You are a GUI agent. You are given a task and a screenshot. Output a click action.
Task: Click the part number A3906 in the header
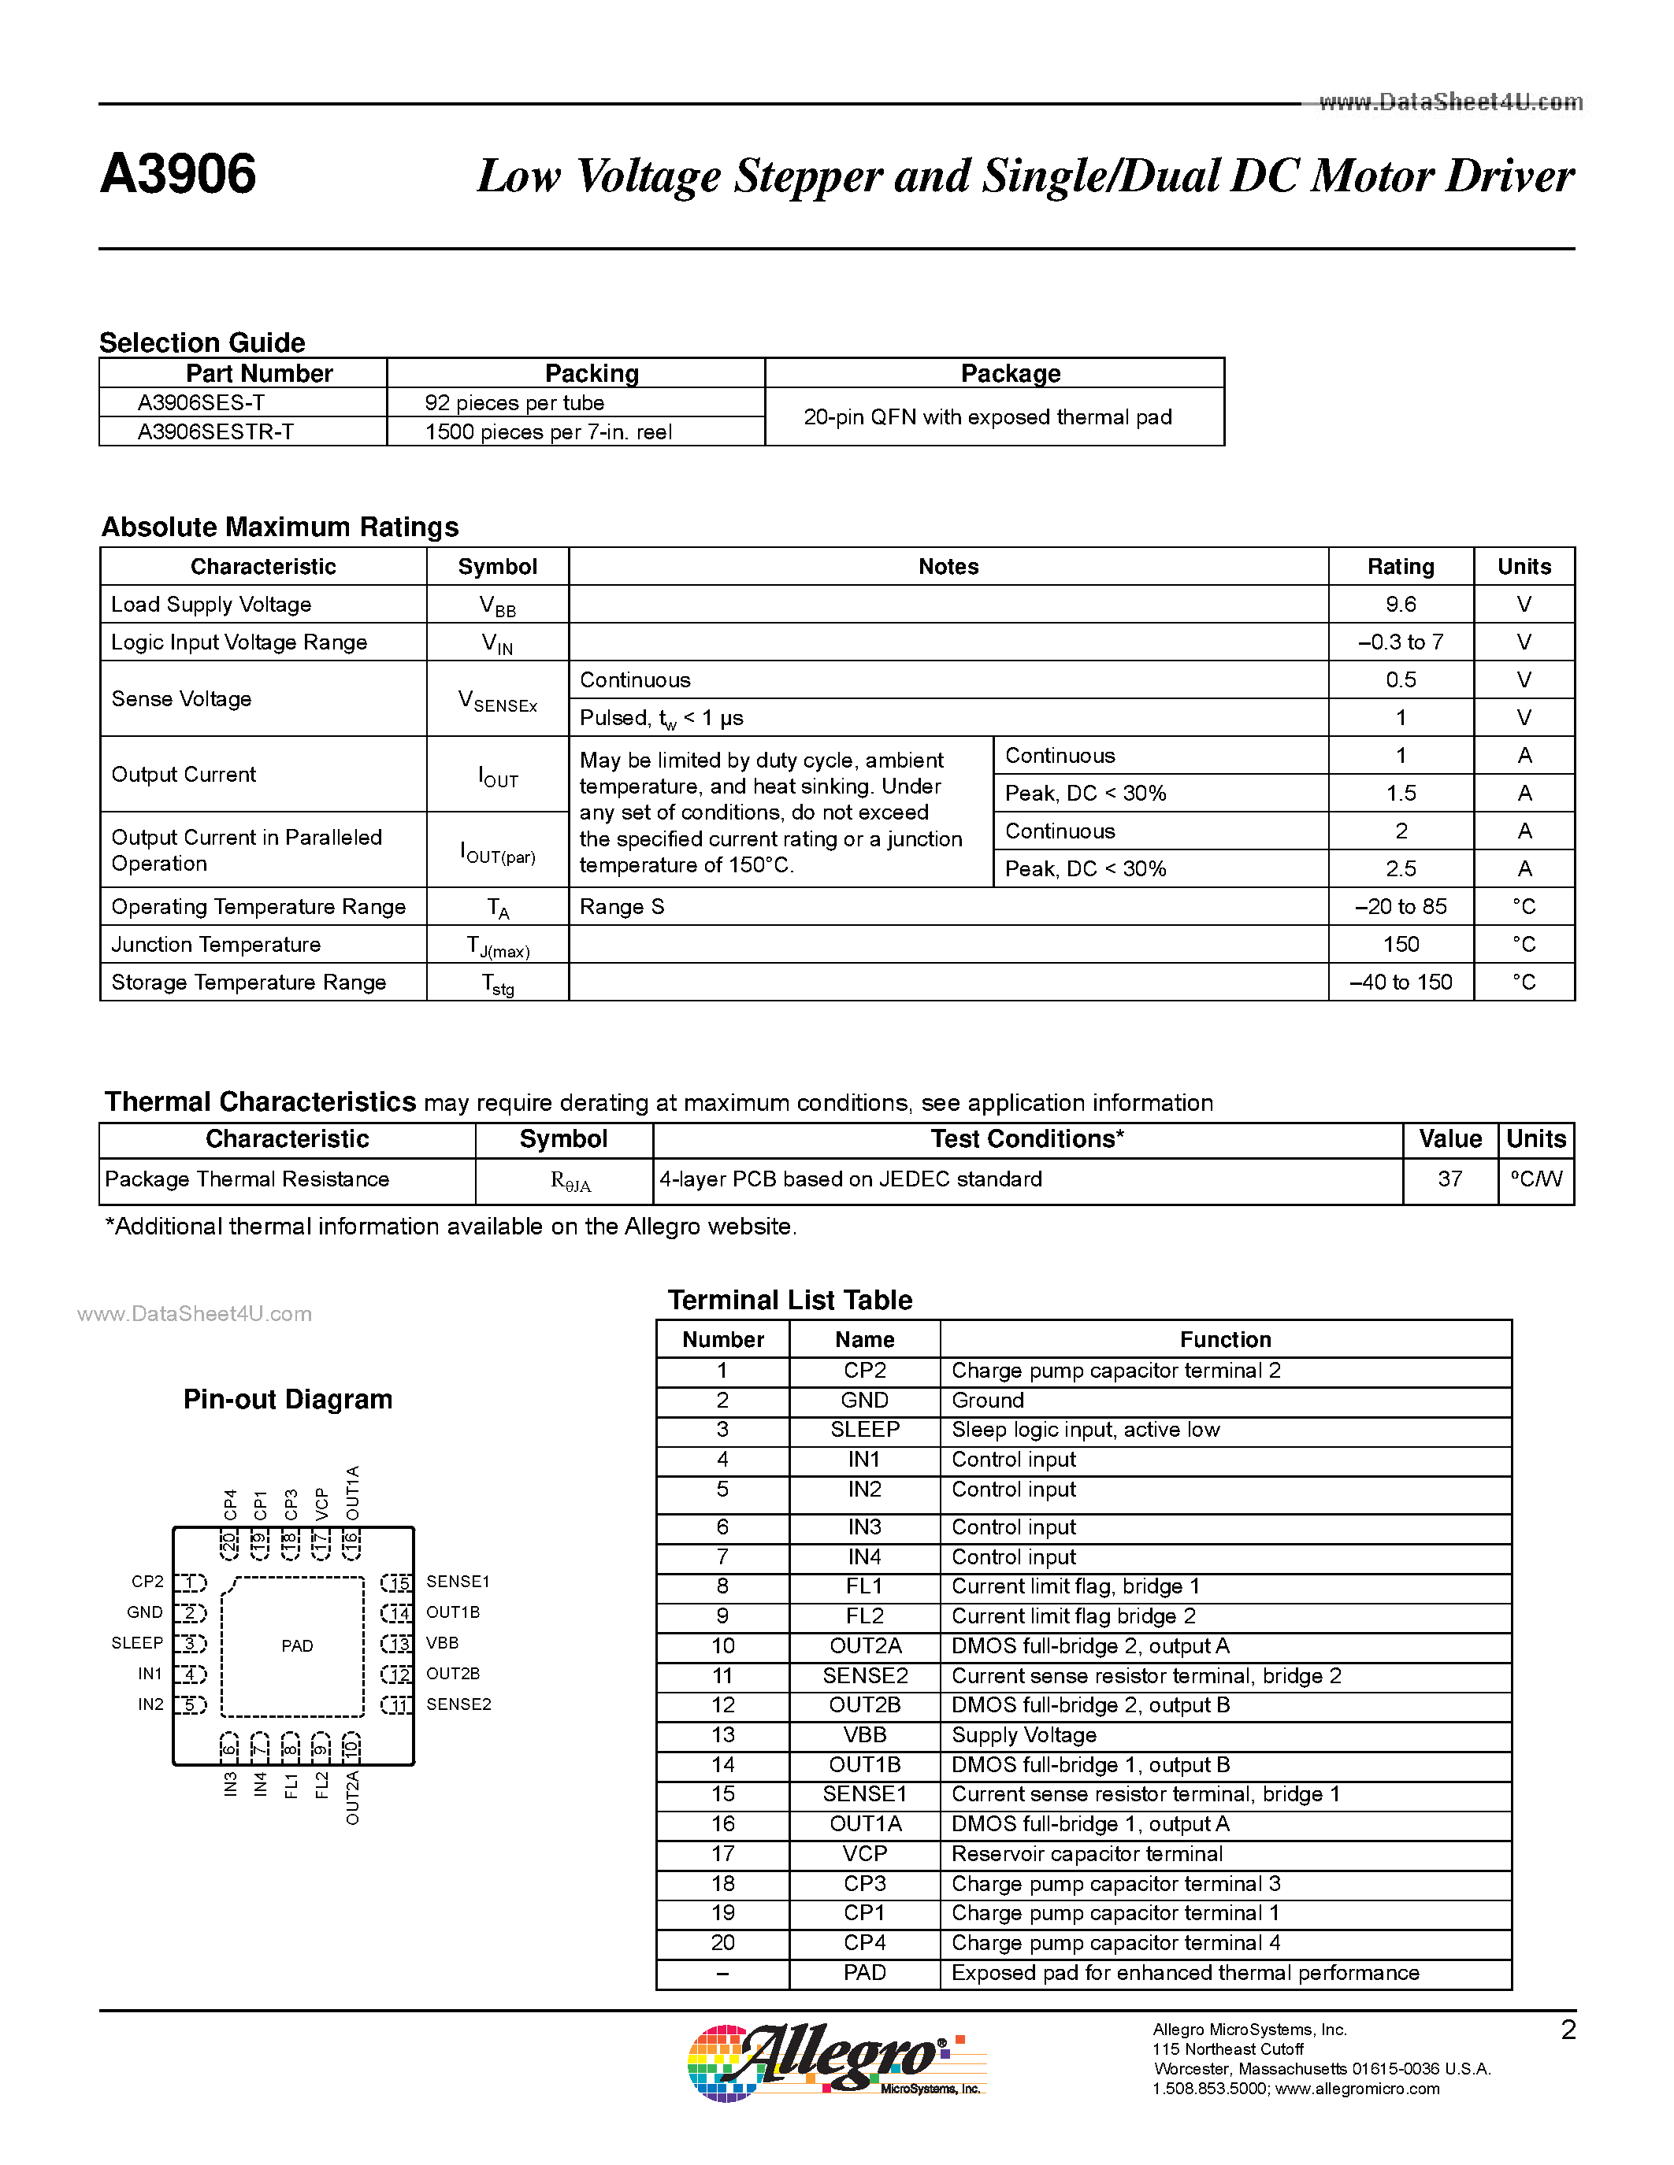point(179,175)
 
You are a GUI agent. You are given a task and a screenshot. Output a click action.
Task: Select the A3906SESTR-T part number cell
point(216,432)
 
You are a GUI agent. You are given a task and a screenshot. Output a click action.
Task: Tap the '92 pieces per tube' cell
point(514,402)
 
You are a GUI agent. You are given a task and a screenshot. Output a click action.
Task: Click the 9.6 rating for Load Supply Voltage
point(1401,605)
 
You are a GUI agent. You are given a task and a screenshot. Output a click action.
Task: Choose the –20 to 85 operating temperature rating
point(1401,907)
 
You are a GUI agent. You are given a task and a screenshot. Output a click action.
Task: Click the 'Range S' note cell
point(622,907)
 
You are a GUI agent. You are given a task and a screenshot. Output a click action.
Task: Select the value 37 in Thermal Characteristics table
point(1449,1179)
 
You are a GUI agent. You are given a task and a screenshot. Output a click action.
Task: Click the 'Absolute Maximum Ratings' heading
point(280,527)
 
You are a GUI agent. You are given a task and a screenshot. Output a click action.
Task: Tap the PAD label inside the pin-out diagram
point(296,1645)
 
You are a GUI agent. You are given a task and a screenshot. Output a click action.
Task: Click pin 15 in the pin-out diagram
point(397,1583)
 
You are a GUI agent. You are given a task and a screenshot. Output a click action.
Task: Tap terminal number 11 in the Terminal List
point(723,1675)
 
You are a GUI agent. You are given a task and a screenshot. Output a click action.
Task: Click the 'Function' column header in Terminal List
point(1225,1339)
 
